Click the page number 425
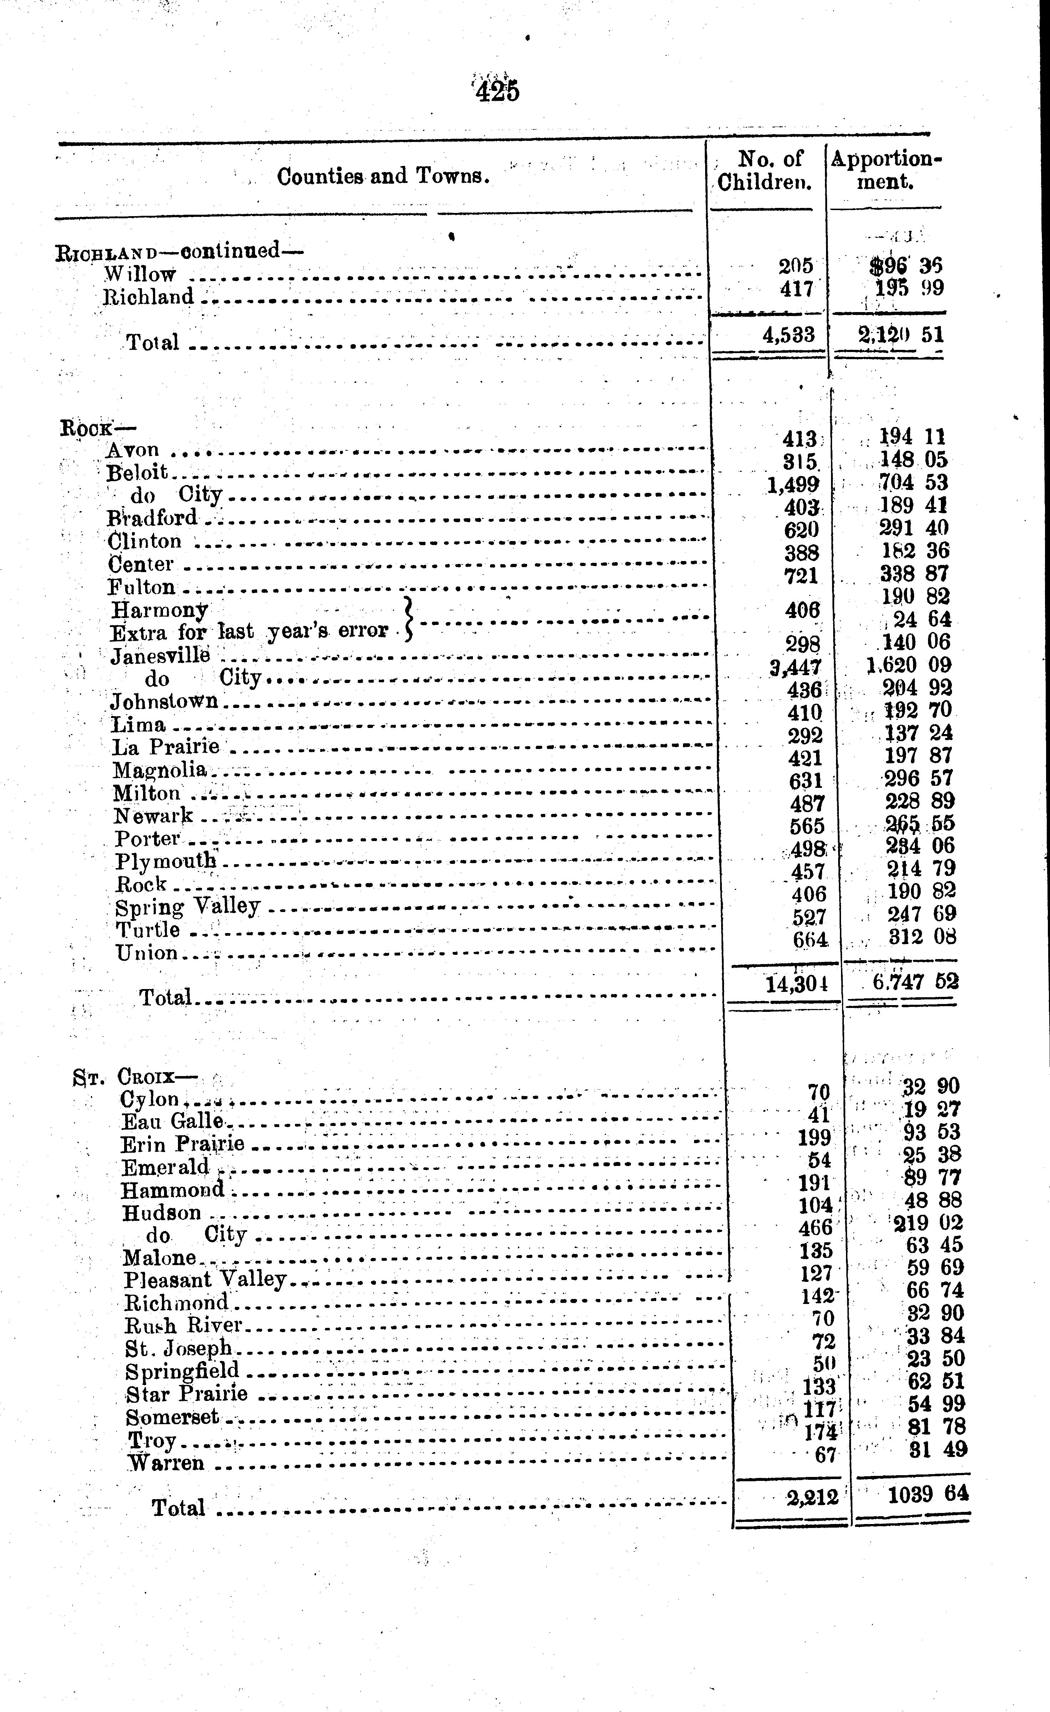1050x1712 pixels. [498, 91]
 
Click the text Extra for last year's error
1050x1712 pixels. [249, 632]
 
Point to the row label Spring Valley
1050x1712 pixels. [188, 907]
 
